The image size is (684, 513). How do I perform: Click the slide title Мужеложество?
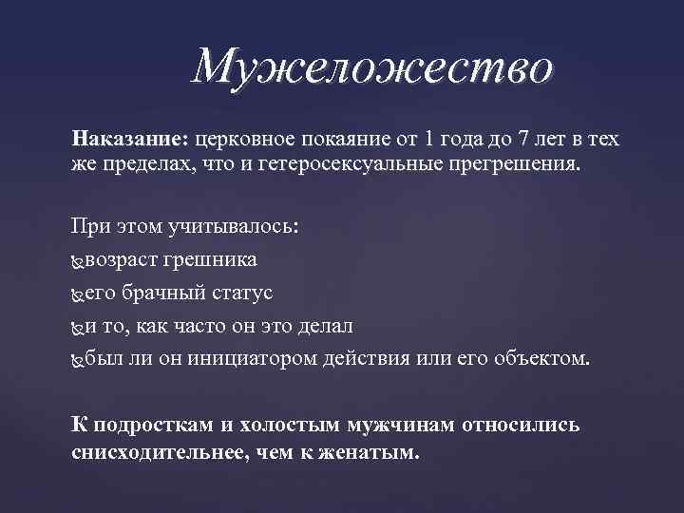(x=371, y=67)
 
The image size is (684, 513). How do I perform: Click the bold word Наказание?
(x=129, y=139)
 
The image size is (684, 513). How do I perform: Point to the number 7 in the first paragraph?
(x=525, y=139)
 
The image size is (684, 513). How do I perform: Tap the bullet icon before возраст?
(x=78, y=260)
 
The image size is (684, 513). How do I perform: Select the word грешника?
(x=214, y=259)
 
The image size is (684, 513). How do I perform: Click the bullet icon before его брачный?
(x=78, y=294)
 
